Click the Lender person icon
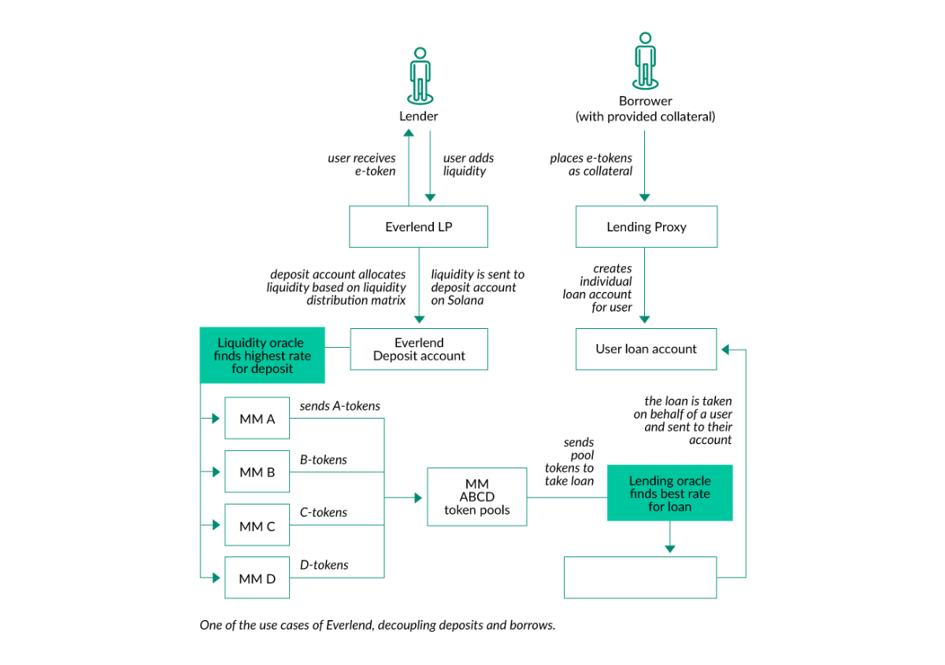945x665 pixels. pyautogui.click(x=420, y=76)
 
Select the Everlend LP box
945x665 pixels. pyautogui.click(x=418, y=227)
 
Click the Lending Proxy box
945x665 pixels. pyautogui.click(x=646, y=227)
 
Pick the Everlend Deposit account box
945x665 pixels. pyautogui.click(x=418, y=349)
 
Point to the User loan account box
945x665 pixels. pyautogui.click(x=646, y=349)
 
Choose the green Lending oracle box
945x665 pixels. pyautogui.click(x=669, y=493)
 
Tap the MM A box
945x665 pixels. pyautogui.click(x=257, y=419)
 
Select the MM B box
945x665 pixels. pyautogui.click(x=257, y=472)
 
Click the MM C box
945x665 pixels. pyautogui.click(x=257, y=526)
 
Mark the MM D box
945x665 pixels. pyautogui.click(x=257, y=578)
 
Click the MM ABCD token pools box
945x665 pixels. pyautogui.click(x=476, y=497)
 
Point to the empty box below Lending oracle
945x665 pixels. pyautogui.click(x=640, y=578)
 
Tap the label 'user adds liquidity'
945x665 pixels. pyautogui.click(x=467, y=164)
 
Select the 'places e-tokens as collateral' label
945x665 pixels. pyautogui.click(x=591, y=164)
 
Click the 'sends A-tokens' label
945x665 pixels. pyautogui.click(x=339, y=406)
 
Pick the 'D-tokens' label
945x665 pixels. pyautogui.click(x=324, y=564)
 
